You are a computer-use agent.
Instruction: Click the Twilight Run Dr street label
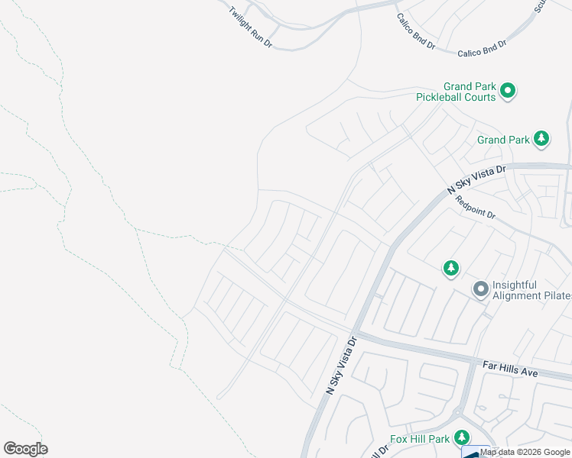[250, 28]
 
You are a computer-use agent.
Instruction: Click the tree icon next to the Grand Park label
[541, 138]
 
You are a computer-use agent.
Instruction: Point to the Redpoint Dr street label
[475, 208]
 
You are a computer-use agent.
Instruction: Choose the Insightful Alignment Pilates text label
[531, 290]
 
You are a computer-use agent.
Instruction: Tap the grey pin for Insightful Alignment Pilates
[480, 289]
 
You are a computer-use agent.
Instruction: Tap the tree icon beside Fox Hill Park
[462, 437]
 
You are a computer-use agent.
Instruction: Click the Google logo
[25, 449]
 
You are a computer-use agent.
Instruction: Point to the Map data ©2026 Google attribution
[525, 452]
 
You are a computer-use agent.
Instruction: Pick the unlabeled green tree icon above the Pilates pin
[451, 267]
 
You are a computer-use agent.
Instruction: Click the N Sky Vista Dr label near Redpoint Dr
[476, 182]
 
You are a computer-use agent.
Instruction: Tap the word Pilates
[553, 295]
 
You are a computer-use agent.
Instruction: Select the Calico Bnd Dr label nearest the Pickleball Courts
[482, 48]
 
